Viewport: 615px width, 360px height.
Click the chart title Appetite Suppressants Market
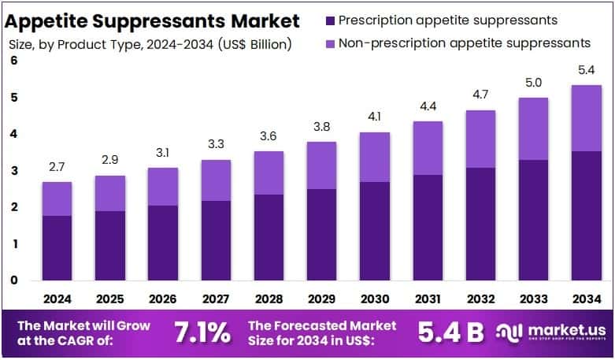coord(154,20)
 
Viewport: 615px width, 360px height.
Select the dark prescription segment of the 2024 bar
coord(57,247)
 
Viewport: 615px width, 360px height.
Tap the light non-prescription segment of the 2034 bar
coord(585,118)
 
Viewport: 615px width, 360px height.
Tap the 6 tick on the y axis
coord(13,61)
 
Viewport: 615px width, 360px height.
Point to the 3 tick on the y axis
coord(13,170)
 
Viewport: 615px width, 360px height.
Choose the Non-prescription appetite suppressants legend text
coord(464,43)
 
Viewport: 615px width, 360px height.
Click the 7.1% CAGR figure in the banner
coord(203,332)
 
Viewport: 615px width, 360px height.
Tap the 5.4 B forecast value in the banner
coord(452,332)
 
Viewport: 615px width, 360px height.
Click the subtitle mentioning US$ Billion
coord(150,44)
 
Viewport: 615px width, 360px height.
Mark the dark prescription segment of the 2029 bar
coord(320,234)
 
